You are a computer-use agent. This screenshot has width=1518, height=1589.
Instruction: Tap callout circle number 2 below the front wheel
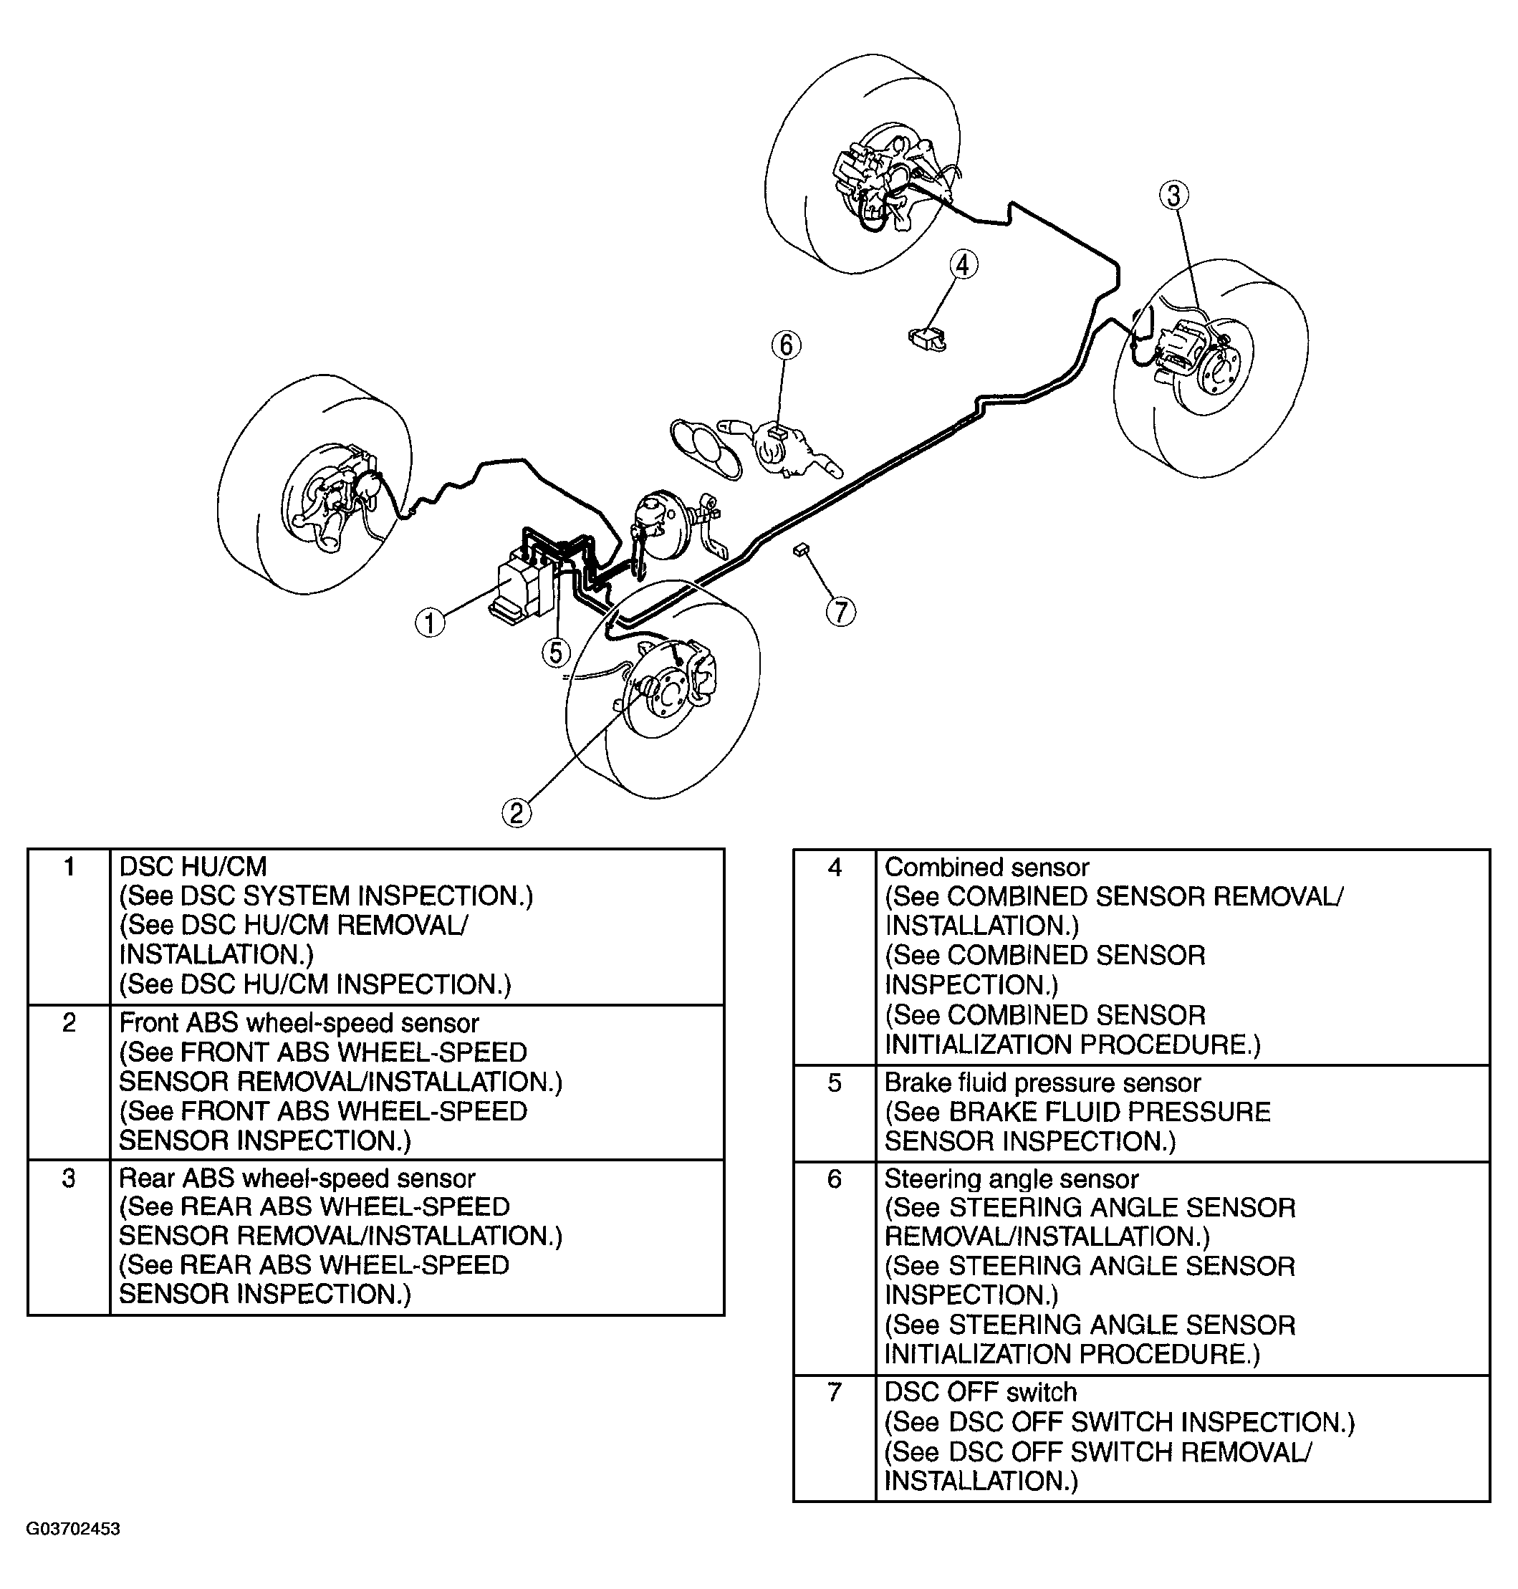517,812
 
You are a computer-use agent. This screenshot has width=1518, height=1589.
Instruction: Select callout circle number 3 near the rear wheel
1174,195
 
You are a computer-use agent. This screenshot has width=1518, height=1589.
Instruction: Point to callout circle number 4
963,264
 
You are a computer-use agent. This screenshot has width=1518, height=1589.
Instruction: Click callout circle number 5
556,651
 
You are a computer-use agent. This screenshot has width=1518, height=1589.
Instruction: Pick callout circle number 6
786,345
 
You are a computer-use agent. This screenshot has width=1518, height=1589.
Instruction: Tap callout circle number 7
841,612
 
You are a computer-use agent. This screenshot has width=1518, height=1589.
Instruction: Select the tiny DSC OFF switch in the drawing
801,549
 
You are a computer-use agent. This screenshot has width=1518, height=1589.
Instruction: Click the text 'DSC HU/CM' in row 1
193,867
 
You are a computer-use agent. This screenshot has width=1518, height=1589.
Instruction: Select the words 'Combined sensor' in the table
986,868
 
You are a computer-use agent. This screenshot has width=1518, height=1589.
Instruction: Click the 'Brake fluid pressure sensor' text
1042,1082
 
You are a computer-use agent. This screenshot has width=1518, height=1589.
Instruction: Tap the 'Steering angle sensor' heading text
1012,1178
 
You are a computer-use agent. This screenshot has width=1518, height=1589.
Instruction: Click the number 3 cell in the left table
69,1178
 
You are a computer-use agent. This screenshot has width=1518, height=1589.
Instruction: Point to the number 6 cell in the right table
835,1178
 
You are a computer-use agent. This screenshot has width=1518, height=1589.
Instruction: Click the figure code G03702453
74,1529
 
